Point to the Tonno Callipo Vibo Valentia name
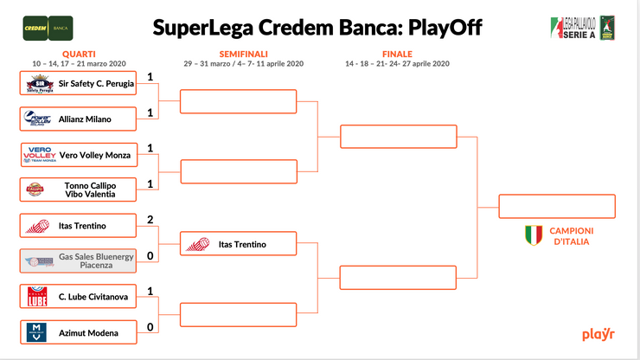point(90,190)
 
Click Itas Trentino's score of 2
point(150,220)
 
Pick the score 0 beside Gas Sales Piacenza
point(150,255)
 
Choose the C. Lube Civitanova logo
point(37,297)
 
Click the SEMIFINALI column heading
point(242,54)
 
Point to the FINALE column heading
point(397,54)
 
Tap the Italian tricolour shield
point(534,235)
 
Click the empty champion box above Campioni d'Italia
point(557,207)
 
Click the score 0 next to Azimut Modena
point(150,327)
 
